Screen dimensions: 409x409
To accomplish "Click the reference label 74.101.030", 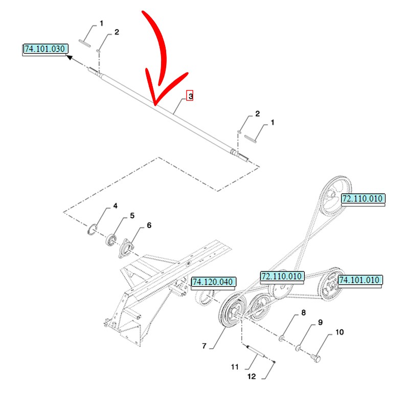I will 45,49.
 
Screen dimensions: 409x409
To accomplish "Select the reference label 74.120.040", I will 213,282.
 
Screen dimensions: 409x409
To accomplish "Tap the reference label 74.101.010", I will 360,280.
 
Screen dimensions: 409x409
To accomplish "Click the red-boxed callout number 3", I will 190,96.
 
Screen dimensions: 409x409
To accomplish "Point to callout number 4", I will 115,206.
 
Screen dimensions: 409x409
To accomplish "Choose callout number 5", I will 132,216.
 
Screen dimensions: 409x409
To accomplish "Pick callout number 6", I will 149,225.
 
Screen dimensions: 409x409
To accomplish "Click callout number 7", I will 204,346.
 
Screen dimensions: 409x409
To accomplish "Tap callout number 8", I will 303,313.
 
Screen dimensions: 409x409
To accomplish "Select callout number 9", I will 321,322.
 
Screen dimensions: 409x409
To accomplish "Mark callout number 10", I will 339,332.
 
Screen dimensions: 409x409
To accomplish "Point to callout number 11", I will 235,367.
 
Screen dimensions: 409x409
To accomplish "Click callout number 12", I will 252,377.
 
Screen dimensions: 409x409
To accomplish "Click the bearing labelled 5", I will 110,240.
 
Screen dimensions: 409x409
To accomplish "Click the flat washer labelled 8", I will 282,338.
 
